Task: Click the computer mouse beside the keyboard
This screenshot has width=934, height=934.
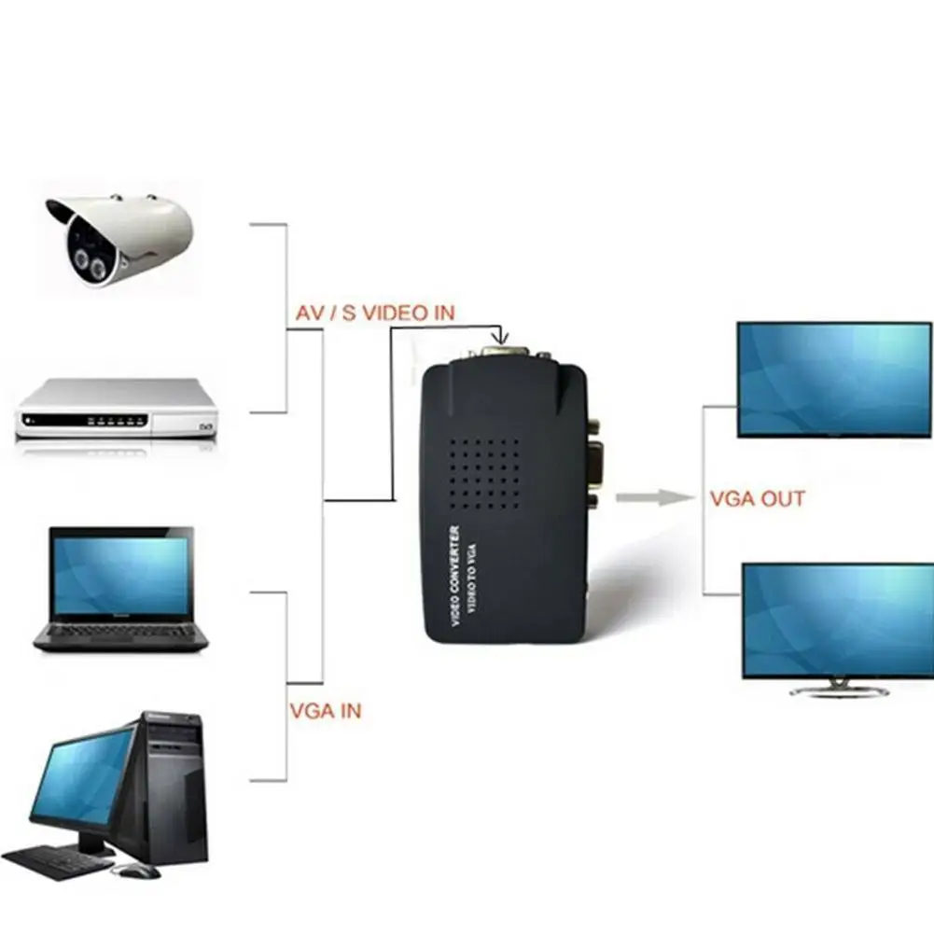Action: (136, 871)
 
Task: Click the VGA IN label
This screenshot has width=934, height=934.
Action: (325, 711)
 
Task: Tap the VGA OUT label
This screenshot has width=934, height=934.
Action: (757, 498)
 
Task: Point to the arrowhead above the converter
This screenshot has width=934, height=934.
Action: (502, 335)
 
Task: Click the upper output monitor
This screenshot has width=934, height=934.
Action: (834, 379)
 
